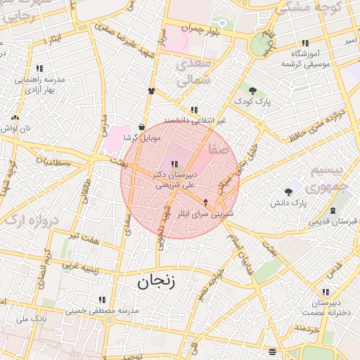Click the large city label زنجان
153,283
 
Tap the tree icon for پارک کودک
252,90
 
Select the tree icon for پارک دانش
288,192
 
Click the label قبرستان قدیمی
333,220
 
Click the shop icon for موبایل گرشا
142,127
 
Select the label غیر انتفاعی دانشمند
195,120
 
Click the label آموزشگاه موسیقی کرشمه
305,58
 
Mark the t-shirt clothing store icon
151,91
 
